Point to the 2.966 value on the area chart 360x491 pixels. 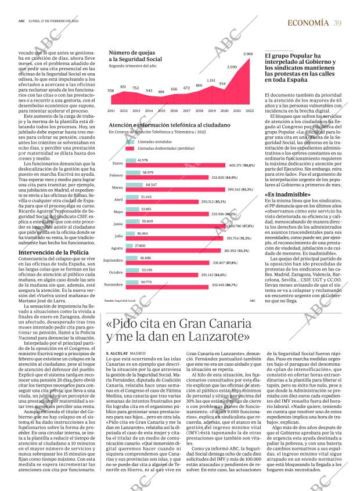pos(248,54)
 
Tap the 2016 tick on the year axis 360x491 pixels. pos(173,110)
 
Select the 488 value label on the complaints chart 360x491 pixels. pos(161,91)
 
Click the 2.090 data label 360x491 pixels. pos(232,67)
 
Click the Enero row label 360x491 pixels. pos(117,163)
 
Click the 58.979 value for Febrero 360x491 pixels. pos(148,172)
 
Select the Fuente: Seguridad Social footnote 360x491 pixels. pos(120,301)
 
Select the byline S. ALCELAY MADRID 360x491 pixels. pos(125,353)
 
